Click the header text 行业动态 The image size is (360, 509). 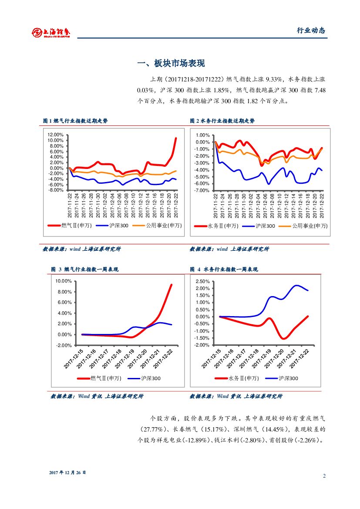point(311,30)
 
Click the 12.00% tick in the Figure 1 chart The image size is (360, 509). point(55,135)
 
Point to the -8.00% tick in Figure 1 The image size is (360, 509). point(55,190)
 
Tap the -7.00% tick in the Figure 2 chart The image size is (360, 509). point(202,190)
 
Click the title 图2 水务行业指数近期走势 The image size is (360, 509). point(222,121)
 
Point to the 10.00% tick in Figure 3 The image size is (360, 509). point(63,281)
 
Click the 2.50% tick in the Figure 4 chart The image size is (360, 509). point(202,281)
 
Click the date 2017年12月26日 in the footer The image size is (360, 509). point(67,472)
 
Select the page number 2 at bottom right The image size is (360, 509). point(324,475)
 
